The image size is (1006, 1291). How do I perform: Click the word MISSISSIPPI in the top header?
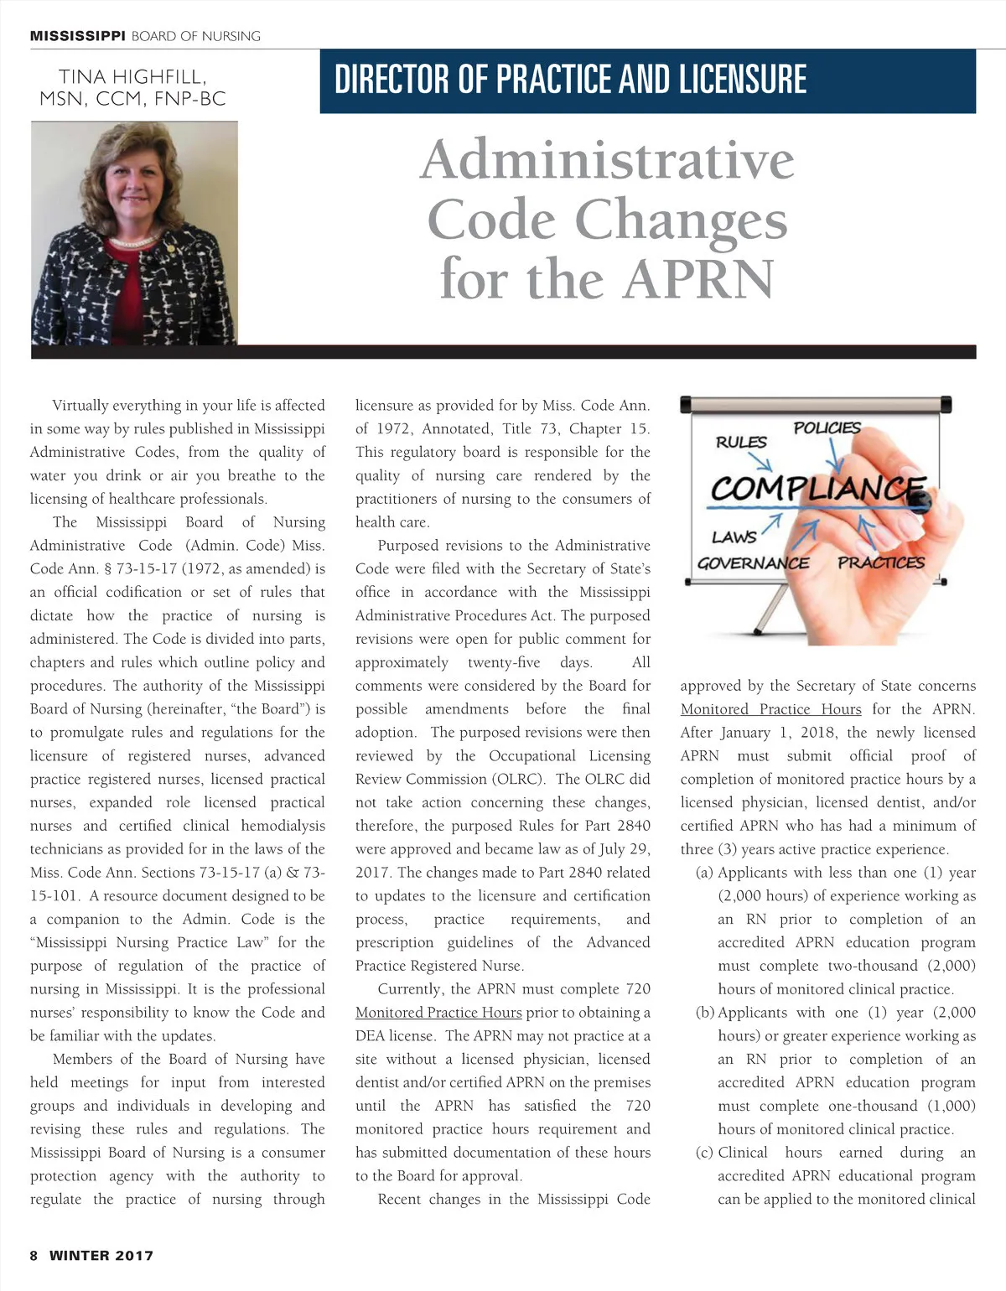pos(78,36)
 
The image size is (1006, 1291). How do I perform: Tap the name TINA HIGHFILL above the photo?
pos(132,77)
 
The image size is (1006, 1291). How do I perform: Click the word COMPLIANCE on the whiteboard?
pos(817,487)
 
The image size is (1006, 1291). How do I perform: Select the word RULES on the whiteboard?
pos(741,442)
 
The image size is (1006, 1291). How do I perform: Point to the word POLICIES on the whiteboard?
pos(827,428)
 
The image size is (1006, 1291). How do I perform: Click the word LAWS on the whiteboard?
pos(734,537)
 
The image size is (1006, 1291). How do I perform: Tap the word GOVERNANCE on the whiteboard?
pos(753,563)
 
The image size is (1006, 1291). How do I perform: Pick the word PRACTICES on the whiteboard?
pos(881,563)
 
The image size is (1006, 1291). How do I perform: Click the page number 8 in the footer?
pos(34,1255)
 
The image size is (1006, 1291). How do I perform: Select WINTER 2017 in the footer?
pos(101,1255)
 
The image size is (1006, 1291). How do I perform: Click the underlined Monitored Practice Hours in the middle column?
pos(438,1013)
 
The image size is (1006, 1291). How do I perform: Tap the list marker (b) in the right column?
pos(706,1013)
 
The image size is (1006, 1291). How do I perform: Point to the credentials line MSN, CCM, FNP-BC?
pos(132,99)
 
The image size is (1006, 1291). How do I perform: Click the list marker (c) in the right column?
pos(706,1153)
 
